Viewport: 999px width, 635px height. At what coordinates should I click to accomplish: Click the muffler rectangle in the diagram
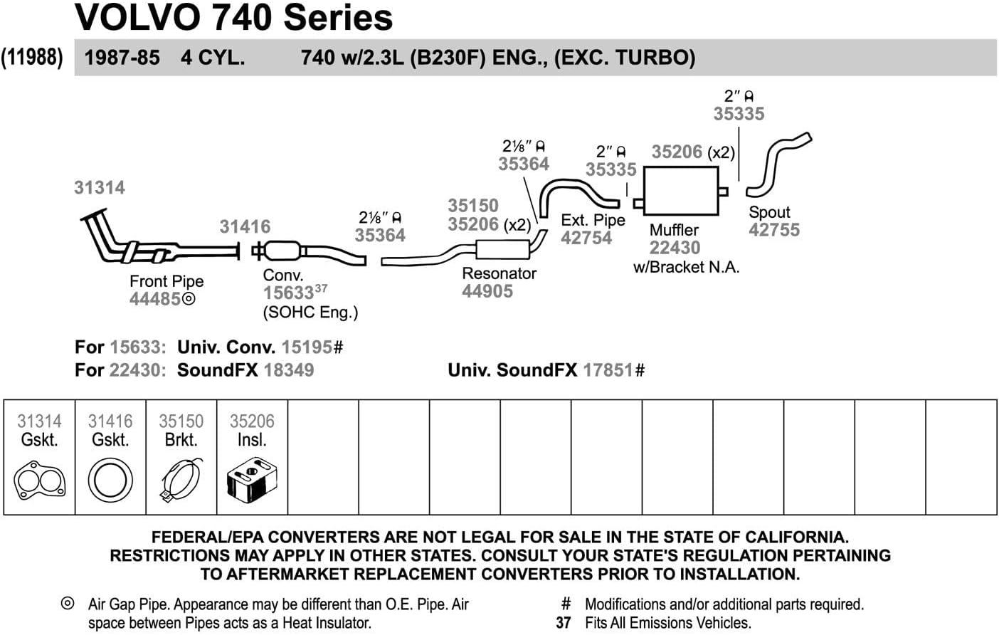(x=680, y=191)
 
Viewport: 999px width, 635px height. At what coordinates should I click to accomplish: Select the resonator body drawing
(x=503, y=250)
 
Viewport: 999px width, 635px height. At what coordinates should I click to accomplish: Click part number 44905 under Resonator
(x=487, y=291)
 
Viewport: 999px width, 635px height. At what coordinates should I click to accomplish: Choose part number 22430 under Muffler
(x=675, y=248)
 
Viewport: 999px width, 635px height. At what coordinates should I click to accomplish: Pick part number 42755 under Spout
(x=774, y=230)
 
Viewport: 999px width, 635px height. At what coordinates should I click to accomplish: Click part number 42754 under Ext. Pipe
(x=586, y=238)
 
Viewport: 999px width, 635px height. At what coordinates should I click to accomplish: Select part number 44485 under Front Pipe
(x=155, y=299)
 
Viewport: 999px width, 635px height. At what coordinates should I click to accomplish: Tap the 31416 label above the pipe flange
(x=245, y=226)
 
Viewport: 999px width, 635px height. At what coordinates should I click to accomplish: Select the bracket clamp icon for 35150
(x=181, y=481)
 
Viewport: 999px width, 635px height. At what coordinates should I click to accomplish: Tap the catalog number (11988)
(x=32, y=57)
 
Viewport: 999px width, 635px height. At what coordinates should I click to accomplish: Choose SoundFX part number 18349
(x=288, y=370)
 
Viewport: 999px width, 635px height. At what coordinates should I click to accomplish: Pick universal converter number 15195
(x=307, y=347)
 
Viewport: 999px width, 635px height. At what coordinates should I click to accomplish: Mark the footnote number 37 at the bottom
(x=564, y=623)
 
